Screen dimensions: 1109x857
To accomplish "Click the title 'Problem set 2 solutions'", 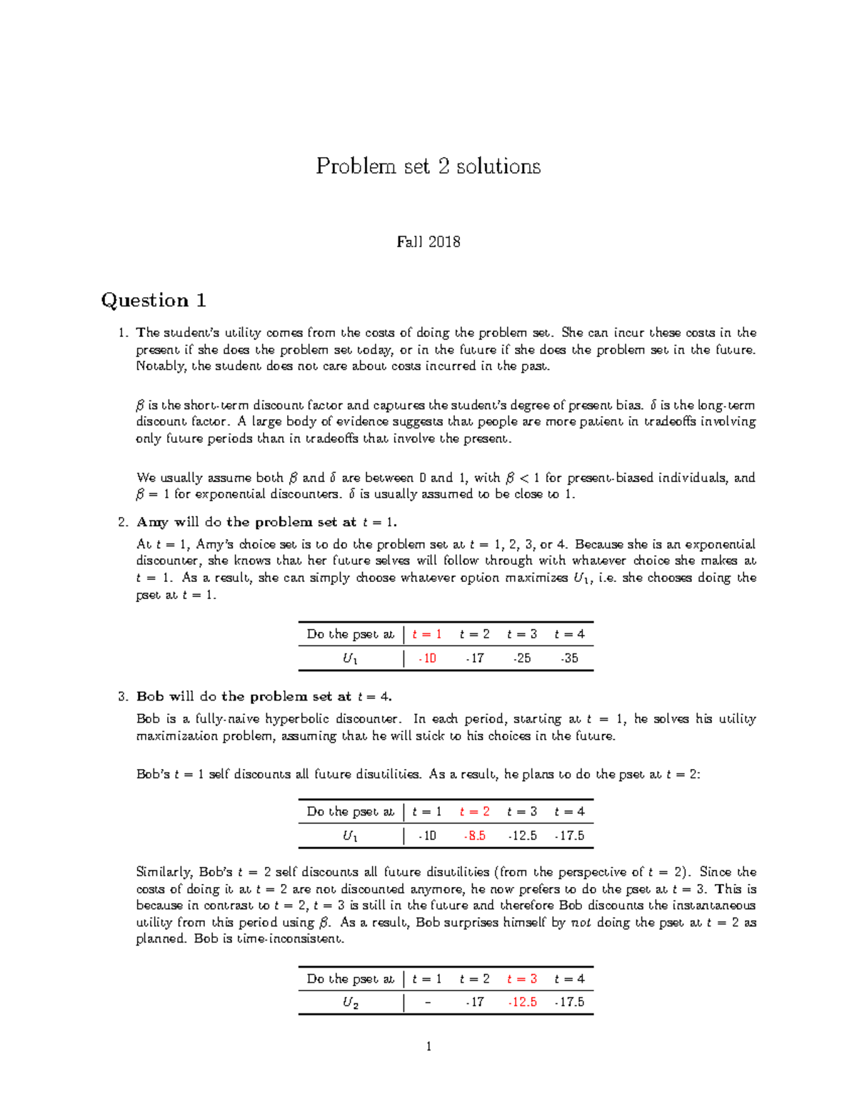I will [428, 166].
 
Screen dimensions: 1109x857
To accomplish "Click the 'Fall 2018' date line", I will [428, 242].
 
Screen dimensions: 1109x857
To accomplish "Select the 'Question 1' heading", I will [154, 300].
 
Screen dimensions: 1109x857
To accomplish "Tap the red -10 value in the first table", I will [426, 658].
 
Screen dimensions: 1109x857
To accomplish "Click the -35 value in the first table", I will [569, 658].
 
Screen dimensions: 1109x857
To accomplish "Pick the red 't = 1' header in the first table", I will [426, 634].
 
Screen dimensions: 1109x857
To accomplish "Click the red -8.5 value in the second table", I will [474, 835].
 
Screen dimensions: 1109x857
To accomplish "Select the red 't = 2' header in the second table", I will [474, 811].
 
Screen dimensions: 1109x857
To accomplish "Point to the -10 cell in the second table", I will [426, 835].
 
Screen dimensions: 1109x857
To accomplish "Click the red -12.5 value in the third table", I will [522, 1003].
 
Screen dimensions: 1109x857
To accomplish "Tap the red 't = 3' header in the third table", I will [522, 978].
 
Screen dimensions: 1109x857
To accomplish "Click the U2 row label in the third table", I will [350, 1003].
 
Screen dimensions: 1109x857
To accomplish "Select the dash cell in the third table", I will [427, 1003].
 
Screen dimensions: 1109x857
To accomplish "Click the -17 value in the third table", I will [474, 1003].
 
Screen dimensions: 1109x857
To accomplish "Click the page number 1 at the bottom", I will [428, 1047].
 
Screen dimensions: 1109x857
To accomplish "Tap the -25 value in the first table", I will [522, 658].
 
